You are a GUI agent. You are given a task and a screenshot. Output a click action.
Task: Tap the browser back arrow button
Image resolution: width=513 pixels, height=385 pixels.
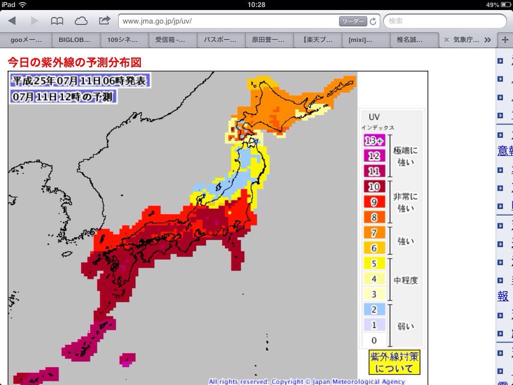[x=12, y=21]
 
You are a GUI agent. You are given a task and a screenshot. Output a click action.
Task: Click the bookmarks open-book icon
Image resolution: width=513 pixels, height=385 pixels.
[x=57, y=21]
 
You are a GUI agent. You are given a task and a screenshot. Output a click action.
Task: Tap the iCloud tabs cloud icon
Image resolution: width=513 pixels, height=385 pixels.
[x=81, y=21]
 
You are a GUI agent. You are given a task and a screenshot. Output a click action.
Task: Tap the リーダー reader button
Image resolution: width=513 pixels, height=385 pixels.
[x=353, y=21]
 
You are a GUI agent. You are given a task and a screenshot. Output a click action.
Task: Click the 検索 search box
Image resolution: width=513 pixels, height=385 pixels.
[x=445, y=21]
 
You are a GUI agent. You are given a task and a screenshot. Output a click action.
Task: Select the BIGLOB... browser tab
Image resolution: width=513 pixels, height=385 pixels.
[x=75, y=40]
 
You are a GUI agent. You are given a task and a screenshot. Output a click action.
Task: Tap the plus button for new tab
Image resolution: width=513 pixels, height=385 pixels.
[x=504, y=40]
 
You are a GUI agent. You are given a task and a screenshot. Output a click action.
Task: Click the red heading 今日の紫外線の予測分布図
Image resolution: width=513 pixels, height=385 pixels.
[x=74, y=62]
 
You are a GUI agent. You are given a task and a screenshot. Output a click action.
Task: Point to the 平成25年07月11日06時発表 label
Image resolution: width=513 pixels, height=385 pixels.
[x=79, y=80]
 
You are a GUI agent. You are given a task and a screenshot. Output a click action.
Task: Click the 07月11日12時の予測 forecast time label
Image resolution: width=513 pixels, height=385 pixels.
[x=63, y=97]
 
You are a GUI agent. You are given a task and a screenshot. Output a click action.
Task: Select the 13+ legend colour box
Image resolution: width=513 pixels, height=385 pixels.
[x=373, y=141]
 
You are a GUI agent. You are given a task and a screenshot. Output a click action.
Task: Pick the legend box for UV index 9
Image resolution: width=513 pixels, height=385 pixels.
[x=373, y=202]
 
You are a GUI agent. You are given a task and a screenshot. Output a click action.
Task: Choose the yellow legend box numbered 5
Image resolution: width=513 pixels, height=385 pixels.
[x=373, y=263]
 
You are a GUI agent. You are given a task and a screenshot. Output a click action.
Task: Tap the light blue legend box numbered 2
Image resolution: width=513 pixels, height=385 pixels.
[x=373, y=309]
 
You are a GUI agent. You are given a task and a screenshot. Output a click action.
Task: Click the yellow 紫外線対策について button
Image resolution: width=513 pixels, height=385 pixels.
[x=394, y=362]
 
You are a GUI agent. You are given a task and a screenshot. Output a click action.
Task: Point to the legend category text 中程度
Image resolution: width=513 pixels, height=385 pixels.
[x=405, y=280]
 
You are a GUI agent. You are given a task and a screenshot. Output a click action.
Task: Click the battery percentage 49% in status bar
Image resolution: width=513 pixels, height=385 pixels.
[x=492, y=5]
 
